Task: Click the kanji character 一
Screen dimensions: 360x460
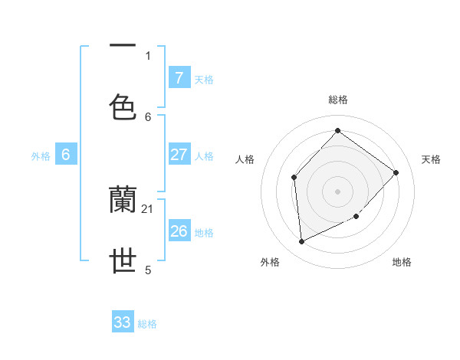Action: point(123,47)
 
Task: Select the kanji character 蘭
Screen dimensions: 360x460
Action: point(123,201)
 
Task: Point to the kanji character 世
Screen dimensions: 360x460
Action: point(123,261)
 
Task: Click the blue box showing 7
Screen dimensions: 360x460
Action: point(179,77)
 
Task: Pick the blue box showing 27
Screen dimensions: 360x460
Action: point(179,155)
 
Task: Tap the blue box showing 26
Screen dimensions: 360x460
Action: point(179,231)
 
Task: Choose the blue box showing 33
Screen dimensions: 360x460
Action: point(123,322)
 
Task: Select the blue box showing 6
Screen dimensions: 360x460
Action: point(66,155)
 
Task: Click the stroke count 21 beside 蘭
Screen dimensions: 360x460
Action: point(149,209)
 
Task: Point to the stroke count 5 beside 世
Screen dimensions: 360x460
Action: point(148,270)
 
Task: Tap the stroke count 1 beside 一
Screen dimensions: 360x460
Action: point(148,55)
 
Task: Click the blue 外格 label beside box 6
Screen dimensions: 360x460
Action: point(41,155)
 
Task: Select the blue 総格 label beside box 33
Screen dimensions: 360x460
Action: point(147,324)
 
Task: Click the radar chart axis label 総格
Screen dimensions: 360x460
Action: point(338,100)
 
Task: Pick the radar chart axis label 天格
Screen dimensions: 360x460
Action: point(431,159)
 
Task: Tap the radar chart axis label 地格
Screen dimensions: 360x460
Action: point(402,263)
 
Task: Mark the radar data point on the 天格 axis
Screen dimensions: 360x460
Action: point(396,172)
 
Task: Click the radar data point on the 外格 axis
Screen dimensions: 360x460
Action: point(301,242)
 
